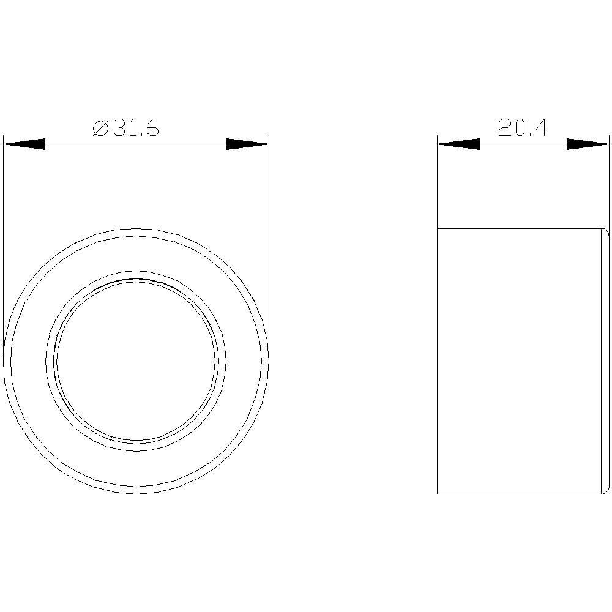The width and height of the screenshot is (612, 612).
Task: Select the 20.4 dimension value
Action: [522, 128]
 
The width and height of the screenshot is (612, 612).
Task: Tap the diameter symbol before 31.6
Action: [100, 129]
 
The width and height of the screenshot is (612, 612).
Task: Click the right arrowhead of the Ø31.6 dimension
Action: [247, 144]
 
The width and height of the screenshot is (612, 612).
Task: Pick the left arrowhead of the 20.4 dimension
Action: [458, 144]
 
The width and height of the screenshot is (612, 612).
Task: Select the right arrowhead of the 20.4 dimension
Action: [587, 144]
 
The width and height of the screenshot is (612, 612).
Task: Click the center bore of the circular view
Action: [136, 360]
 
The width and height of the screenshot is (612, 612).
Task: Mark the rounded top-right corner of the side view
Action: [606, 232]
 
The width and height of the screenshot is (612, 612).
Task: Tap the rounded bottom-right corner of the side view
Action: [606, 490]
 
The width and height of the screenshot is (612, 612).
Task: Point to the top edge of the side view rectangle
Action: [520, 228]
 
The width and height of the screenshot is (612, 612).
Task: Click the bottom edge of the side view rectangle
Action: [520, 494]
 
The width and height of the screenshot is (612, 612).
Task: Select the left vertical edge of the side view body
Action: [438, 361]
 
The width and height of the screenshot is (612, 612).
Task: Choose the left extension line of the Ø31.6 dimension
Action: [4, 245]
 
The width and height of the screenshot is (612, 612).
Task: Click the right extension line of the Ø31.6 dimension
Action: [269, 245]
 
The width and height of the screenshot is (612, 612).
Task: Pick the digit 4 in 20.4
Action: [540, 128]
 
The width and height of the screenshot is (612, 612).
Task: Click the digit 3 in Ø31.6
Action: [117, 129]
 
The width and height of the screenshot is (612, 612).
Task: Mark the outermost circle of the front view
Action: [136, 228]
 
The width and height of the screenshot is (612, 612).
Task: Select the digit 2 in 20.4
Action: [505, 128]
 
